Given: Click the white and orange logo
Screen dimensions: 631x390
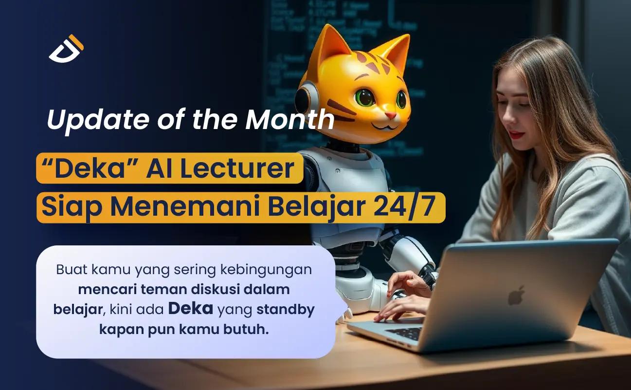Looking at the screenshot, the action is click(67, 49).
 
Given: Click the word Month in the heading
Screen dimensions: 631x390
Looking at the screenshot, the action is click(290, 119).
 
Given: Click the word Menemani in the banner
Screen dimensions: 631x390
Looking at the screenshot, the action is click(185, 207).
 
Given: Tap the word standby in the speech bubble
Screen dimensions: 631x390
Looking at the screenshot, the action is click(286, 310).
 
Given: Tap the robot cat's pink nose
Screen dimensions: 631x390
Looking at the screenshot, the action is click(391, 114).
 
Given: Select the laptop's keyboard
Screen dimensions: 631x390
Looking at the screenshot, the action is click(405, 334).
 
